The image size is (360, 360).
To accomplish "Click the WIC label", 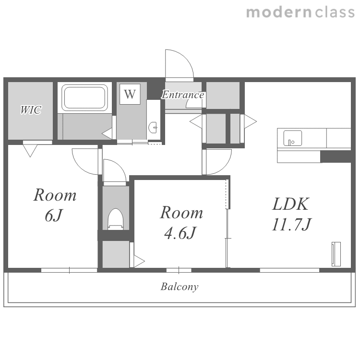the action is pyautogui.click(x=31, y=110).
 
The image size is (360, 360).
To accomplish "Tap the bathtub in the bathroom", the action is pyautogui.click(x=84, y=97).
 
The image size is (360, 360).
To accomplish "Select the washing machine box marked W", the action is pyautogui.click(x=130, y=94).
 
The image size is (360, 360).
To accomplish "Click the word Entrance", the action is pyautogui.click(x=183, y=95).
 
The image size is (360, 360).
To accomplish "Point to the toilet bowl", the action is pyautogui.click(x=116, y=219).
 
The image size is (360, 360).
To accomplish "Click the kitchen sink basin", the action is pyautogui.click(x=292, y=138).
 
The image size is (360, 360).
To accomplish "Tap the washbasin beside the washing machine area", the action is pyautogui.click(x=153, y=127).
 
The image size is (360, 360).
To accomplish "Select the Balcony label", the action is pyautogui.click(x=180, y=287).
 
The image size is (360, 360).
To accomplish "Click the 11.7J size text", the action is pyautogui.click(x=291, y=224).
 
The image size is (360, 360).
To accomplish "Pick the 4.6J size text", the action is pyautogui.click(x=180, y=233).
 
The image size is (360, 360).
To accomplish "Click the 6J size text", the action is pyautogui.click(x=54, y=216).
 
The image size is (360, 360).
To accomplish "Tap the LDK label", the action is pyautogui.click(x=290, y=204).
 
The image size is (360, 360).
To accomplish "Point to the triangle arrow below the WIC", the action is pyautogui.click(x=30, y=151).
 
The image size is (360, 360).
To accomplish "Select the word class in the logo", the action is pyautogui.click(x=335, y=12).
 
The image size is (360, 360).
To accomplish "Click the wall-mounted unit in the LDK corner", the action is pyautogui.click(x=336, y=254).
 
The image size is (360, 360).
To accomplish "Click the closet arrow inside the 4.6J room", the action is pyautogui.click(x=139, y=261).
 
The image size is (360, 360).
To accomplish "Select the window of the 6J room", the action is pyautogui.click(x=69, y=270).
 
